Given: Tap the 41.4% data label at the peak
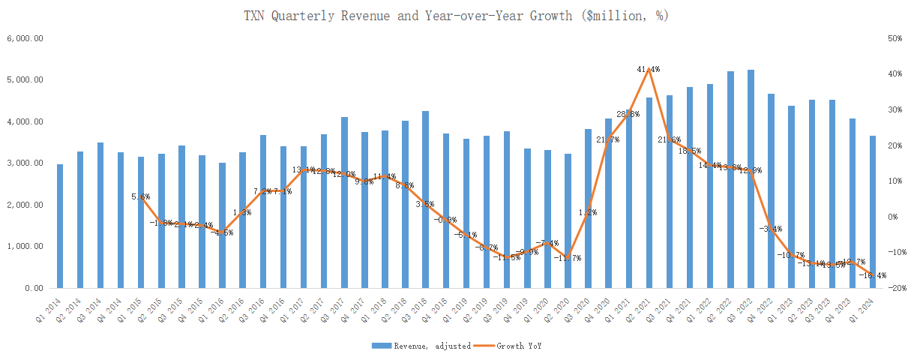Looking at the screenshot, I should pyautogui.click(x=649, y=69).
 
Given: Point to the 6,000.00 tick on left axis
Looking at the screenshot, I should pyautogui.click(x=25, y=38).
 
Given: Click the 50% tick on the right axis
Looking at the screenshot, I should pyautogui.click(x=895, y=38).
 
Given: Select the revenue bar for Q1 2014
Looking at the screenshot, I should pyautogui.click(x=60, y=226).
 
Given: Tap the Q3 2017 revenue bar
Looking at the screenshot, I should pyautogui.click(x=345, y=202).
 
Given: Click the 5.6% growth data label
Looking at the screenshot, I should pyautogui.click(x=141, y=196).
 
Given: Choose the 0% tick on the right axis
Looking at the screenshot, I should pyautogui.click(x=892, y=217).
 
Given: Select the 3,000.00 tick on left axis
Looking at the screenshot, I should pyautogui.click(x=25, y=163).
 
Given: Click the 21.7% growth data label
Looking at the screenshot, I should pyautogui.click(x=608, y=139).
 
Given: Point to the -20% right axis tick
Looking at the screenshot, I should pyautogui.click(x=895, y=288).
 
